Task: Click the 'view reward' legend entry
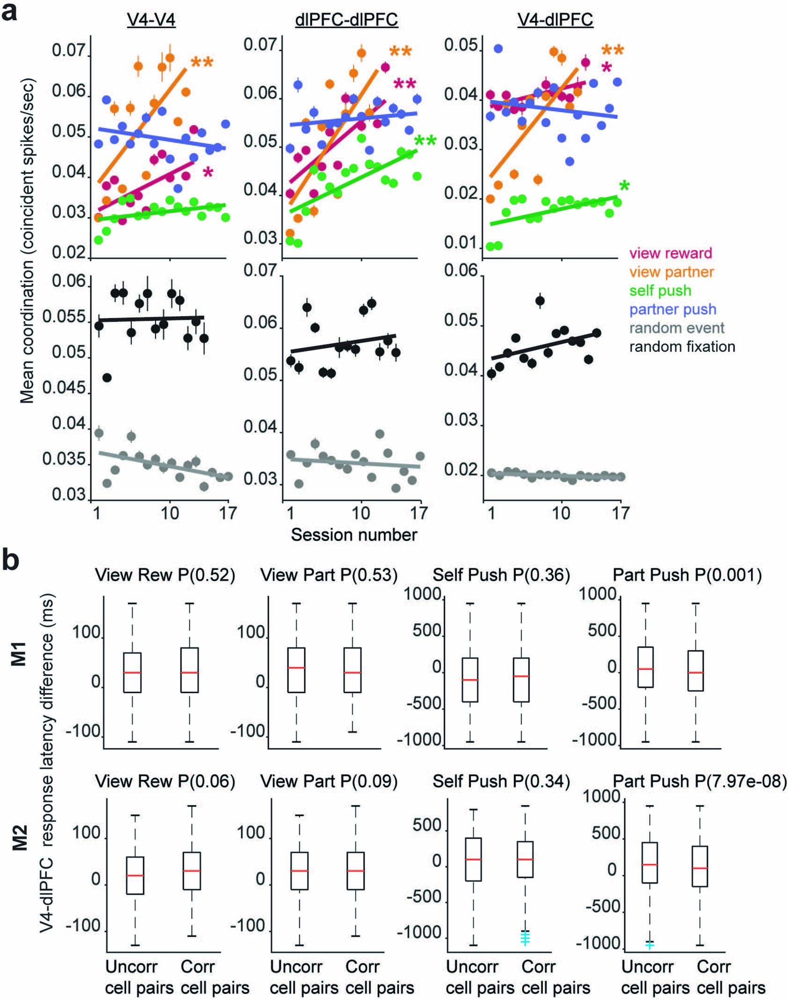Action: (670, 253)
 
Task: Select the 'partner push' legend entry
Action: (673, 309)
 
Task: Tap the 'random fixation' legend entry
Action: (682, 346)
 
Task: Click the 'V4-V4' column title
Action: (151, 20)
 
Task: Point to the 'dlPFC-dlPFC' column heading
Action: (347, 20)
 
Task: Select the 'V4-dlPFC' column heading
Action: (555, 20)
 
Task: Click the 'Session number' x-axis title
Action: (354, 535)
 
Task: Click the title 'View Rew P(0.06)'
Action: (164, 781)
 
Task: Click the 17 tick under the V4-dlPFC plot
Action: (620, 513)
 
